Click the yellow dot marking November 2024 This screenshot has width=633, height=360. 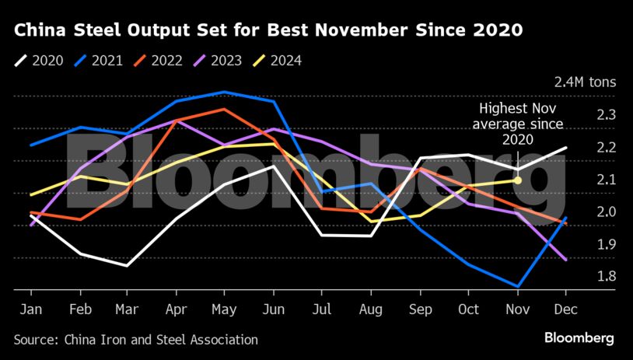coord(517,180)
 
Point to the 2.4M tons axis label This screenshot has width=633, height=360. coord(584,82)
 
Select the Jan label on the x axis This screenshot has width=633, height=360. coord(30,309)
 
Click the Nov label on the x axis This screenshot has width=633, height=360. coord(517,309)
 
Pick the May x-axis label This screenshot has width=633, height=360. coord(225,309)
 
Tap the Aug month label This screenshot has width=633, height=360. coord(371,309)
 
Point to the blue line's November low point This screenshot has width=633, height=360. coord(517,286)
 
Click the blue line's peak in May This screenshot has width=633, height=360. coord(225,92)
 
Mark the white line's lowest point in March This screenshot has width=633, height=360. coord(127,266)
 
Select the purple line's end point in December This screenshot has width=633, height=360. coord(565,260)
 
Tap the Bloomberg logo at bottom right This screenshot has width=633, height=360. coord(579,338)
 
